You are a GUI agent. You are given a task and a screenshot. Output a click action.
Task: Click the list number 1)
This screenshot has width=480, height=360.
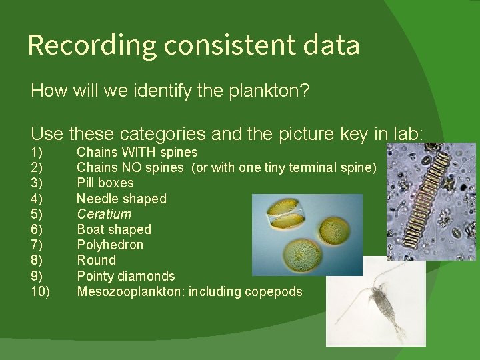pos(37,152)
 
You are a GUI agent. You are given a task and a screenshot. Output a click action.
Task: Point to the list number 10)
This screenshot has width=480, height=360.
pos(40,291)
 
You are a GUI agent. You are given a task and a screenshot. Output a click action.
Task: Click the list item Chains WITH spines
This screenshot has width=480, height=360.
pos(137,152)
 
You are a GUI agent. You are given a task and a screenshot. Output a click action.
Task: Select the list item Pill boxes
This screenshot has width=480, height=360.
pos(105,183)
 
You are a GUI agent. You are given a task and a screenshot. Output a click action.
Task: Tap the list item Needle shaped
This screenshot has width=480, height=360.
pos(121,199)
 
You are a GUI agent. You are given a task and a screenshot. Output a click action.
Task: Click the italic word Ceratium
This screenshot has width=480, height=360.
pos(104,214)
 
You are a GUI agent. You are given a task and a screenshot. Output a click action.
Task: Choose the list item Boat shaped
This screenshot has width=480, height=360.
pos(114,229)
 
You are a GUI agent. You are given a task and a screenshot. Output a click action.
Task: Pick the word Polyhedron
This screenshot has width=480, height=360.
pos(110,245)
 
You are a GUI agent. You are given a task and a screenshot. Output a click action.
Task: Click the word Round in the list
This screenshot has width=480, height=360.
pos(96,260)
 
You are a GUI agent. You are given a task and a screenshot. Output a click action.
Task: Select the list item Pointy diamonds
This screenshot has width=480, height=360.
pos(126,276)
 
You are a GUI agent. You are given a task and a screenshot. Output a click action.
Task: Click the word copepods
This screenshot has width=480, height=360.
pos(274,291)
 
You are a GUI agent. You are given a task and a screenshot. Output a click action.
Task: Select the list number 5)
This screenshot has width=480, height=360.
pos(37,214)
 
